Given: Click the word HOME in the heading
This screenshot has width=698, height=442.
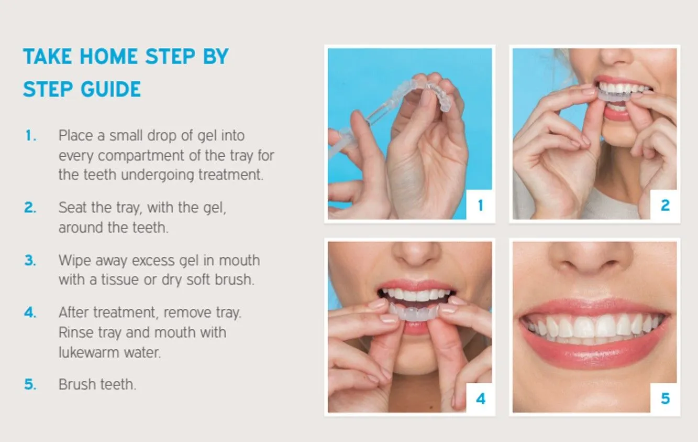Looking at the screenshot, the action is click(109, 57).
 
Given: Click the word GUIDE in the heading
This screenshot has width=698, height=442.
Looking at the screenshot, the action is click(110, 89).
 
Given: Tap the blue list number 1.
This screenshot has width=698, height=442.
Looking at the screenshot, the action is click(30, 136).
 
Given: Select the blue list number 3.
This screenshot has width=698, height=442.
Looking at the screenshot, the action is click(30, 260).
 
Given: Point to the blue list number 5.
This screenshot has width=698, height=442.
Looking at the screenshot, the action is click(30, 384).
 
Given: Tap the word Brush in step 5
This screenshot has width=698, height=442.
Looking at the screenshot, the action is click(77, 384).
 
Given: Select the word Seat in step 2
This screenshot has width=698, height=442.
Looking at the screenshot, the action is click(72, 208).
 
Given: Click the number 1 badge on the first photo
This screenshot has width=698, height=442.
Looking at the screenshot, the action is click(481, 205).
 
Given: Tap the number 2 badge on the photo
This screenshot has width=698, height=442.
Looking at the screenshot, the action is click(665, 205).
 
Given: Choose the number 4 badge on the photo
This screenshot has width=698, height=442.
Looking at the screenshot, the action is click(481, 398).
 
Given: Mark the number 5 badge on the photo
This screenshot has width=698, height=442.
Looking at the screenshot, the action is click(665, 398).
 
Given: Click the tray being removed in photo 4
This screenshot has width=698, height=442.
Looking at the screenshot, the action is click(414, 313).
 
